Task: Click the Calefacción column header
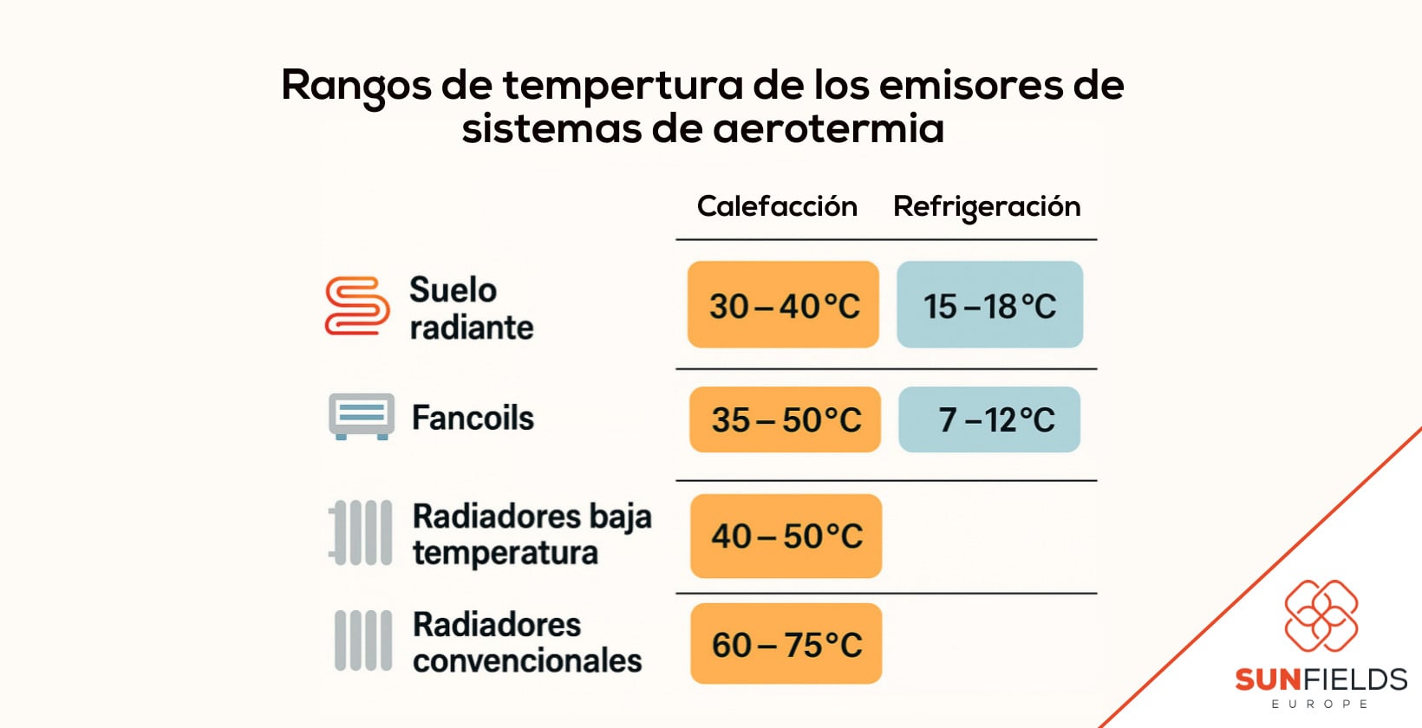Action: [777, 206]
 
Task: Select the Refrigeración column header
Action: [987, 207]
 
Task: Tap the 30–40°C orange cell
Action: [783, 305]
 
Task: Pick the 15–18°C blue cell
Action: [989, 305]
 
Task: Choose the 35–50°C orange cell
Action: [785, 419]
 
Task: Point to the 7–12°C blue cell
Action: [989, 419]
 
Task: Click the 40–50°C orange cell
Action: [786, 536]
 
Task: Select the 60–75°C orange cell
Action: [786, 644]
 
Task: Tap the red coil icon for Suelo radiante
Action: [356, 306]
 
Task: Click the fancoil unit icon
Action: [362, 416]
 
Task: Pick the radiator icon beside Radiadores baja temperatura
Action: [361, 532]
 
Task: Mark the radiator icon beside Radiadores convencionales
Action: [362, 640]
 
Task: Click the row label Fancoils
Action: [473, 418]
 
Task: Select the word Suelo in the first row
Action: [453, 289]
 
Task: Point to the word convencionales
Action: [527, 660]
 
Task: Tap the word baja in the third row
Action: [620, 517]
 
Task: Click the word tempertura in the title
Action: [623, 86]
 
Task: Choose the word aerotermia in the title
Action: [828, 129]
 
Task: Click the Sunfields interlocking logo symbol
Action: [1321, 615]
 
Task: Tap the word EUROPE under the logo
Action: [1319, 704]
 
